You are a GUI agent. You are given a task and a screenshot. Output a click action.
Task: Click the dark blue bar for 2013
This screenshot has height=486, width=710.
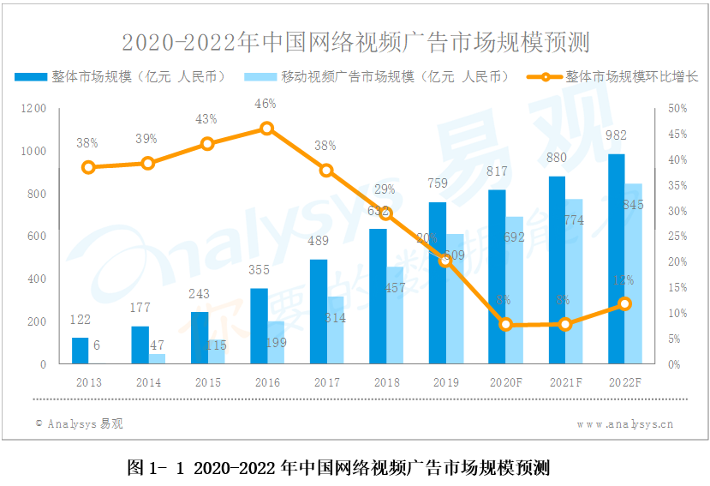pos(80,351)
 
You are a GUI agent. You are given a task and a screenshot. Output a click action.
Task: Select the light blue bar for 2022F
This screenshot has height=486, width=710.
pos(634,274)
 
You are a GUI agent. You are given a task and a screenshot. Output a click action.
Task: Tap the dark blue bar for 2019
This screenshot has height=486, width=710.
pos(437,283)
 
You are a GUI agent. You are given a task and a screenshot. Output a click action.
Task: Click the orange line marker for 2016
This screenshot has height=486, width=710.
pos(266,129)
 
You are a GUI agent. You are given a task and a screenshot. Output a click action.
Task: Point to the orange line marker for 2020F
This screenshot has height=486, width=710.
pos(505,324)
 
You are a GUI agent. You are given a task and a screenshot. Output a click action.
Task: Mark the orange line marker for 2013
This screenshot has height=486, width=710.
pos(87,167)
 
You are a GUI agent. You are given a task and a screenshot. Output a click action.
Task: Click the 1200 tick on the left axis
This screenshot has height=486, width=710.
pos(34,108)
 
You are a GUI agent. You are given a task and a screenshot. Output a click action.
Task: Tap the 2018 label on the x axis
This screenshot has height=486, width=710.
pos(386,382)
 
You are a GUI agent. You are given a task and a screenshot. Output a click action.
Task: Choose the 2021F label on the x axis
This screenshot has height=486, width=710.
pos(565,382)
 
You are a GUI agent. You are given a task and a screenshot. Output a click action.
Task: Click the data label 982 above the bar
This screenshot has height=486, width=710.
pos(616,135)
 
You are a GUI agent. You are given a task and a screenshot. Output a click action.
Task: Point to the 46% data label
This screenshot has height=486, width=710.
pos(266,104)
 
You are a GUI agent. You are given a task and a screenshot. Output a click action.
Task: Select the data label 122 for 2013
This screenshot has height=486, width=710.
pos(80,320)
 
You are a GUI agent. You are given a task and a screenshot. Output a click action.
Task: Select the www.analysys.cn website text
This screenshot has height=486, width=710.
pos(624,423)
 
